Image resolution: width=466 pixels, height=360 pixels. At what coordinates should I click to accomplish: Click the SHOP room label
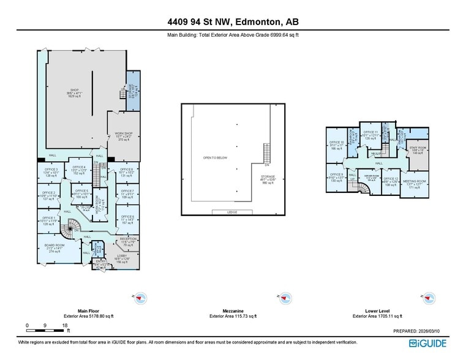[73, 92]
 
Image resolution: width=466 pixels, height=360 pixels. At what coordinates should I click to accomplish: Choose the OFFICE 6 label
[127, 169]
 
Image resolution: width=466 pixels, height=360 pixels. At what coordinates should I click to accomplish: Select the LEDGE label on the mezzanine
[231, 212]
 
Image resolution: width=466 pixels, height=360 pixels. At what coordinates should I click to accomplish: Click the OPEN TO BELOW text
[215, 158]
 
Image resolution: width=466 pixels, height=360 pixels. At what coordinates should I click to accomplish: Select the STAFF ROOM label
[418, 147]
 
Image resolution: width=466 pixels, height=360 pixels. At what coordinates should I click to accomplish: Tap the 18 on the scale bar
[64, 325]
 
